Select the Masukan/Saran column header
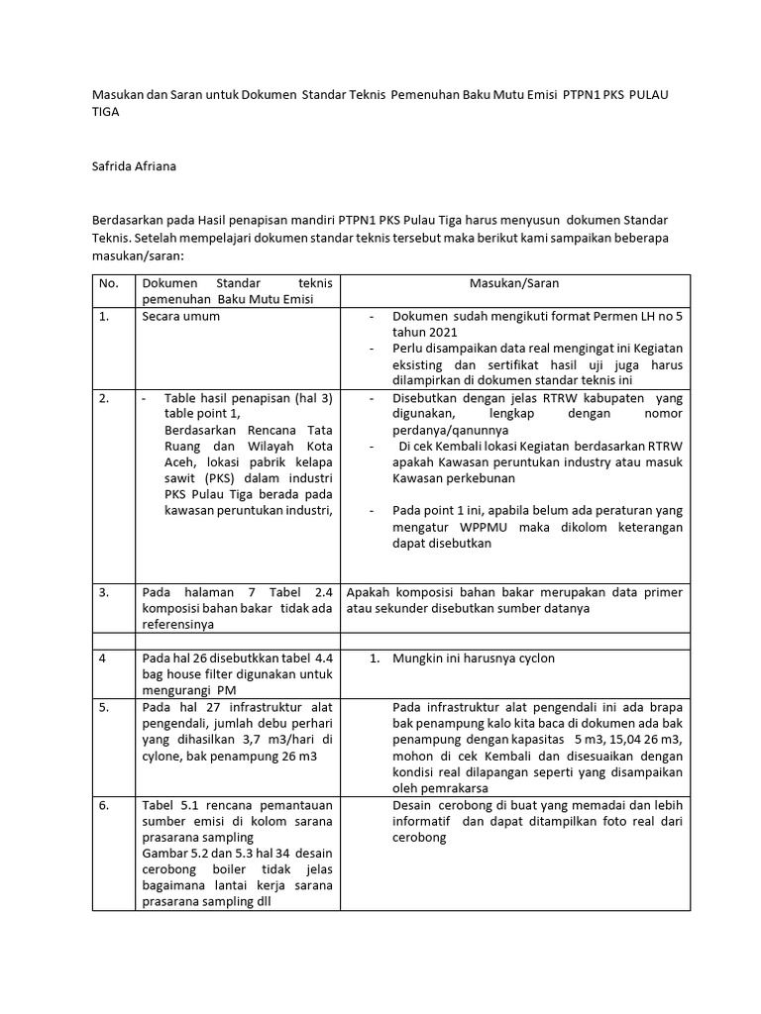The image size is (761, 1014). click(x=513, y=283)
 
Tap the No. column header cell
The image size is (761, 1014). click(x=109, y=283)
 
